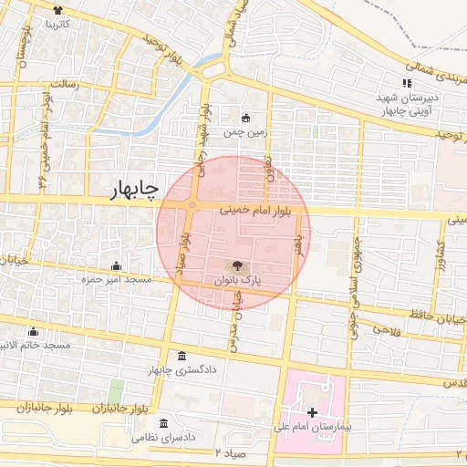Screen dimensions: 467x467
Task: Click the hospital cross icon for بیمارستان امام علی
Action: tap(312, 412)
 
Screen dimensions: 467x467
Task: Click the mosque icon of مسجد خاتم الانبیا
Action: tap(34, 331)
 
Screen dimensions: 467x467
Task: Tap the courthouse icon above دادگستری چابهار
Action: tap(182, 356)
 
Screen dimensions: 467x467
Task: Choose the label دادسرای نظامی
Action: tap(164, 439)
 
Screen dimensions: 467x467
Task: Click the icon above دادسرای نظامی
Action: tap(164, 424)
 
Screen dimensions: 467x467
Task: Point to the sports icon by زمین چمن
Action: tap(244, 117)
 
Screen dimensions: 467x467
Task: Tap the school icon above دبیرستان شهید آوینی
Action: tap(407, 84)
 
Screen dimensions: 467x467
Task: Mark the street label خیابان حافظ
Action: tap(443, 318)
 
